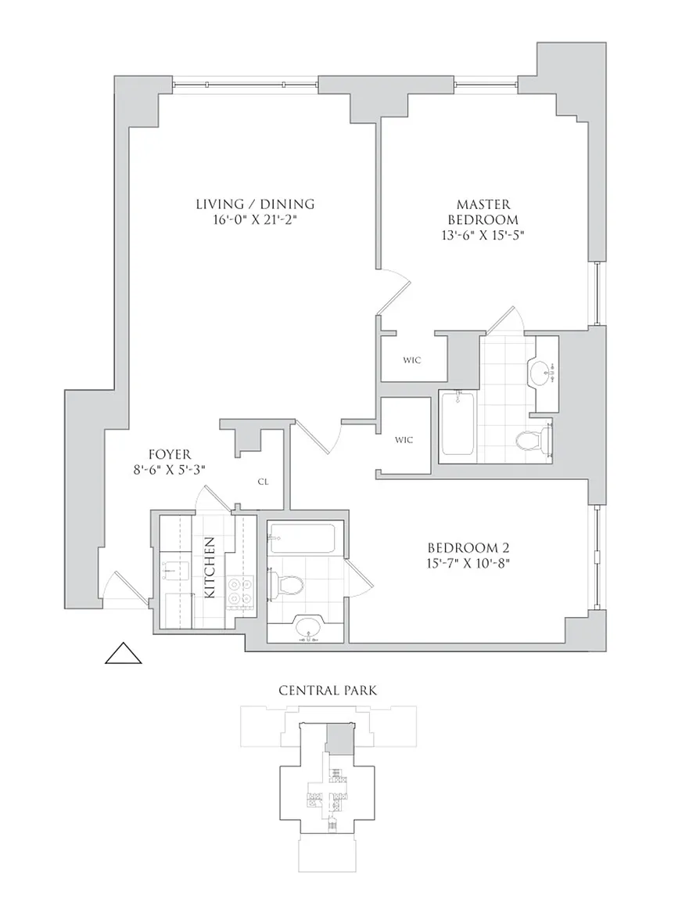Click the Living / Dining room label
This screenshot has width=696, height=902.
(x=255, y=204)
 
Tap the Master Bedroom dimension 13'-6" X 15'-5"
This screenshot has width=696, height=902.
(x=483, y=235)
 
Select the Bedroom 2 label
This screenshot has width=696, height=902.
(x=468, y=547)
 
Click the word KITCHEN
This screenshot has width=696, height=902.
(x=210, y=567)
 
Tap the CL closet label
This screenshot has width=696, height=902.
(x=264, y=482)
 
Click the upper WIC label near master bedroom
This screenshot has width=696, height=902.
(x=411, y=360)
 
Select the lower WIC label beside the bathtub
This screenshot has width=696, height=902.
(x=404, y=440)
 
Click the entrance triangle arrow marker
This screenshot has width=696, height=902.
(x=123, y=653)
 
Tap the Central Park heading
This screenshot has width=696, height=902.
(x=328, y=690)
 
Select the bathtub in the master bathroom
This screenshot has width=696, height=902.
(x=457, y=425)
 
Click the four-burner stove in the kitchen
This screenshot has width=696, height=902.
(x=241, y=592)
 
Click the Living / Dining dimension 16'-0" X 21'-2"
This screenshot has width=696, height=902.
(x=255, y=220)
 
